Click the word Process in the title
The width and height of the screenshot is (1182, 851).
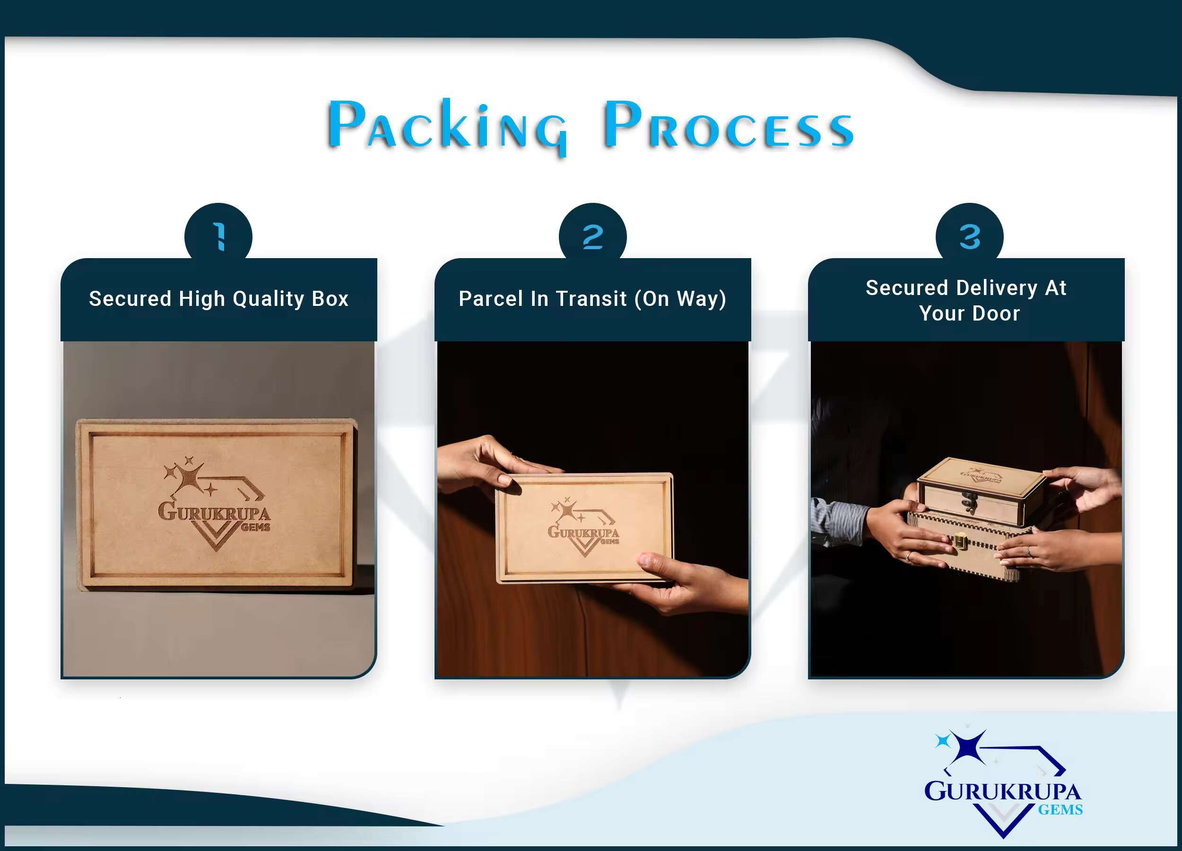pyautogui.click(x=729, y=125)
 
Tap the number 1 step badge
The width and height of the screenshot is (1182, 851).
pyautogui.click(x=218, y=235)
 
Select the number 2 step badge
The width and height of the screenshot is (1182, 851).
pyautogui.click(x=592, y=235)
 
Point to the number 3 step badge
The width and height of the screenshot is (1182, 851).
pyautogui.click(x=969, y=235)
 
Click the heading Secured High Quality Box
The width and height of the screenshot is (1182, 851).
pyautogui.click(x=218, y=299)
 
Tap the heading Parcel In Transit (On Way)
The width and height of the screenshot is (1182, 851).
pyautogui.click(x=592, y=299)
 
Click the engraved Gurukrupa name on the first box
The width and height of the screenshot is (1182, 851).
pyautogui.click(x=214, y=512)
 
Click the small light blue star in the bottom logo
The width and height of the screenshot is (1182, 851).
pyautogui.click(x=942, y=740)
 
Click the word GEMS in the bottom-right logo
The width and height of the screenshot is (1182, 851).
pyautogui.click(x=1060, y=810)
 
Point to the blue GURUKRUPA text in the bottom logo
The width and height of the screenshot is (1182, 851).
pyautogui.click(x=1003, y=791)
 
